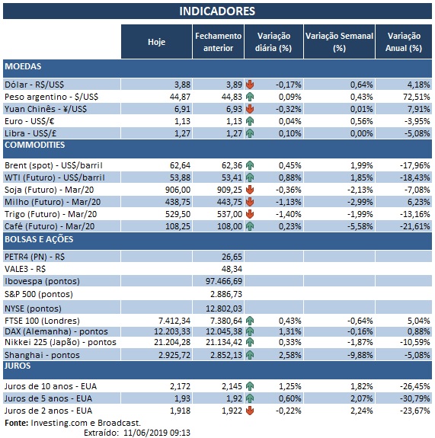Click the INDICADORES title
point(217,11)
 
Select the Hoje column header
point(155,42)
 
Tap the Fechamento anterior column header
point(219,42)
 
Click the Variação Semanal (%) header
point(339,42)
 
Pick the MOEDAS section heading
point(23,67)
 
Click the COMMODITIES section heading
point(34,145)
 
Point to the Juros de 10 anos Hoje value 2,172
point(177,387)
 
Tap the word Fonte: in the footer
point(17,421)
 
